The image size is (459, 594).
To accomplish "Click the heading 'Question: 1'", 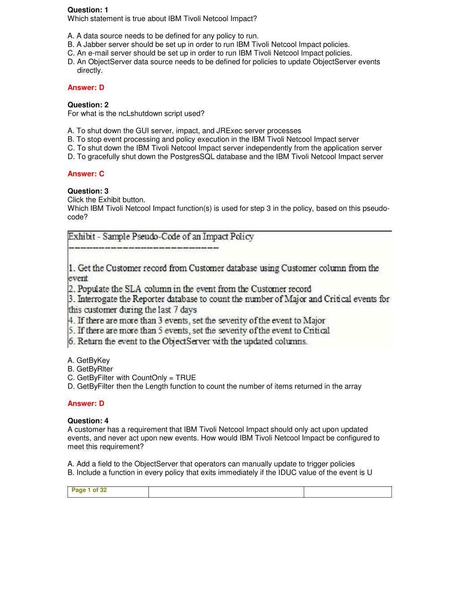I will (x=88, y=10).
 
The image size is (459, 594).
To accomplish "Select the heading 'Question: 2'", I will (x=88, y=105).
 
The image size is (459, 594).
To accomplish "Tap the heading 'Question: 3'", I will (x=88, y=191).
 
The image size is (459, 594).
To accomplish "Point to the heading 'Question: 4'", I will (x=88, y=421).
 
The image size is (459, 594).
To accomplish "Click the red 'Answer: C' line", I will (x=86, y=173).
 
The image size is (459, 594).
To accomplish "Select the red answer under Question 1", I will (x=86, y=87).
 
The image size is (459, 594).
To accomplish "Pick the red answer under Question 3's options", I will (x=86, y=403).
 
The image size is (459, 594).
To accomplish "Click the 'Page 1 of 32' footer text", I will (x=89, y=490).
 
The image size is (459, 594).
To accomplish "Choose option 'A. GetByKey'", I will (x=88, y=360).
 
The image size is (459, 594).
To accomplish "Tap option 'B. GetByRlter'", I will (x=90, y=369).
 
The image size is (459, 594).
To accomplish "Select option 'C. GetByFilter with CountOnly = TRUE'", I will (x=131, y=377).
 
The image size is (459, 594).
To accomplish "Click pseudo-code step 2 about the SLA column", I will (x=190, y=289).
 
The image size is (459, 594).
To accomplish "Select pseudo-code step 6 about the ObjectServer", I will (x=188, y=341).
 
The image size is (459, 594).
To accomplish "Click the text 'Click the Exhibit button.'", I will (x=106, y=199).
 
